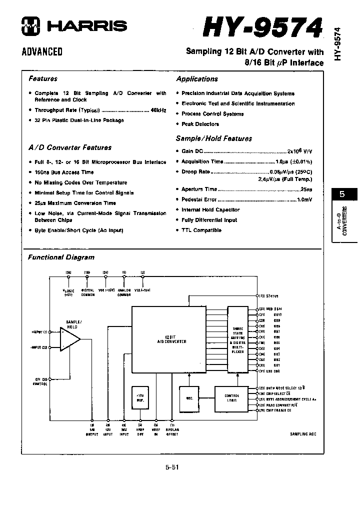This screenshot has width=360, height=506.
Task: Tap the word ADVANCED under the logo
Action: pyautogui.click(x=42, y=51)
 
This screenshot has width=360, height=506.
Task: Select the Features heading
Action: pyautogui.click(x=43, y=78)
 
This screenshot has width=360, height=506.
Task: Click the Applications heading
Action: pyautogui.click(x=197, y=79)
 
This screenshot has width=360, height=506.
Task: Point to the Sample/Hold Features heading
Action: pyautogui.click(x=213, y=138)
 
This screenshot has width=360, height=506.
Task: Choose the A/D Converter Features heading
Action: pyautogui.click(x=70, y=147)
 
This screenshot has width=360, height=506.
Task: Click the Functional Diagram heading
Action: pyautogui.click(x=61, y=257)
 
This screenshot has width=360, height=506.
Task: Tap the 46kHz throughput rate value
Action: pyautogui.click(x=158, y=110)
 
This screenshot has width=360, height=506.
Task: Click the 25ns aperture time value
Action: pyautogui.click(x=306, y=189)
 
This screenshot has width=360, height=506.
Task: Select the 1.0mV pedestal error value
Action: pyautogui.click(x=304, y=199)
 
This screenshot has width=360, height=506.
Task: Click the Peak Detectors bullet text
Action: pyautogui.click(x=200, y=124)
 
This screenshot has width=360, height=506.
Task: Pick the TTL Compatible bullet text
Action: pyautogui.click(x=201, y=230)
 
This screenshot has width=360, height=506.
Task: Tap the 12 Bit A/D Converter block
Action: pyautogui.click(x=169, y=340)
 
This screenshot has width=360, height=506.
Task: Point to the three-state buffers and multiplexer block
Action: pyautogui.click(x=237, y=340)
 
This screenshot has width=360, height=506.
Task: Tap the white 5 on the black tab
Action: pyautogui.click(x=341, y=194)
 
